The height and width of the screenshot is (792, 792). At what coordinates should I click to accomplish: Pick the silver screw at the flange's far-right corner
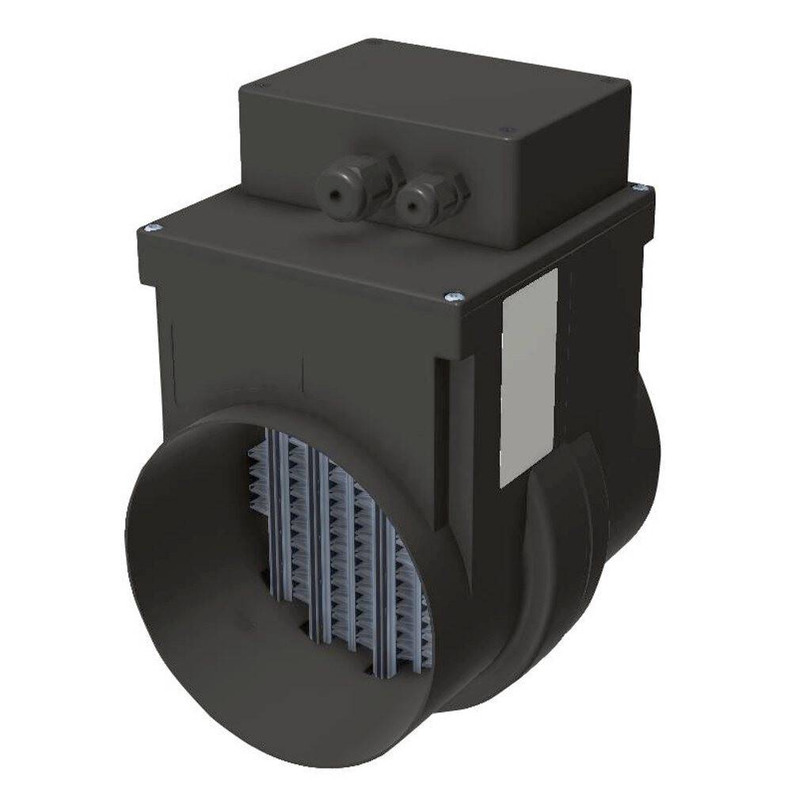click(x=645, y=188)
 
